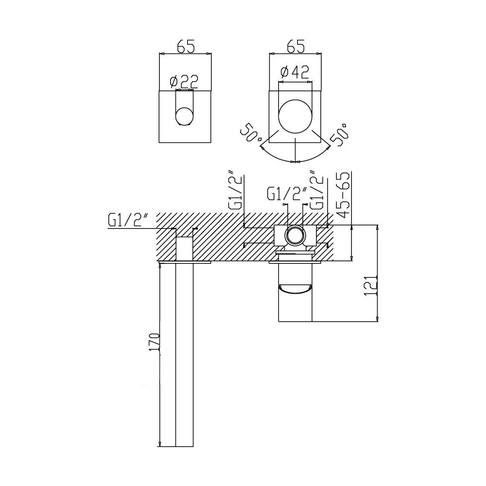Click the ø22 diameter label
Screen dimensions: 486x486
click(184, 82)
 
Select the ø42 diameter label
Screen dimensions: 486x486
click(295, 72)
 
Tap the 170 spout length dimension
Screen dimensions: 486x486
click(154, 342)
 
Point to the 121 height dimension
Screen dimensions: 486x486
click(371, 285)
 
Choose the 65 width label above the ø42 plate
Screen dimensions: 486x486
click(296, 46)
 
